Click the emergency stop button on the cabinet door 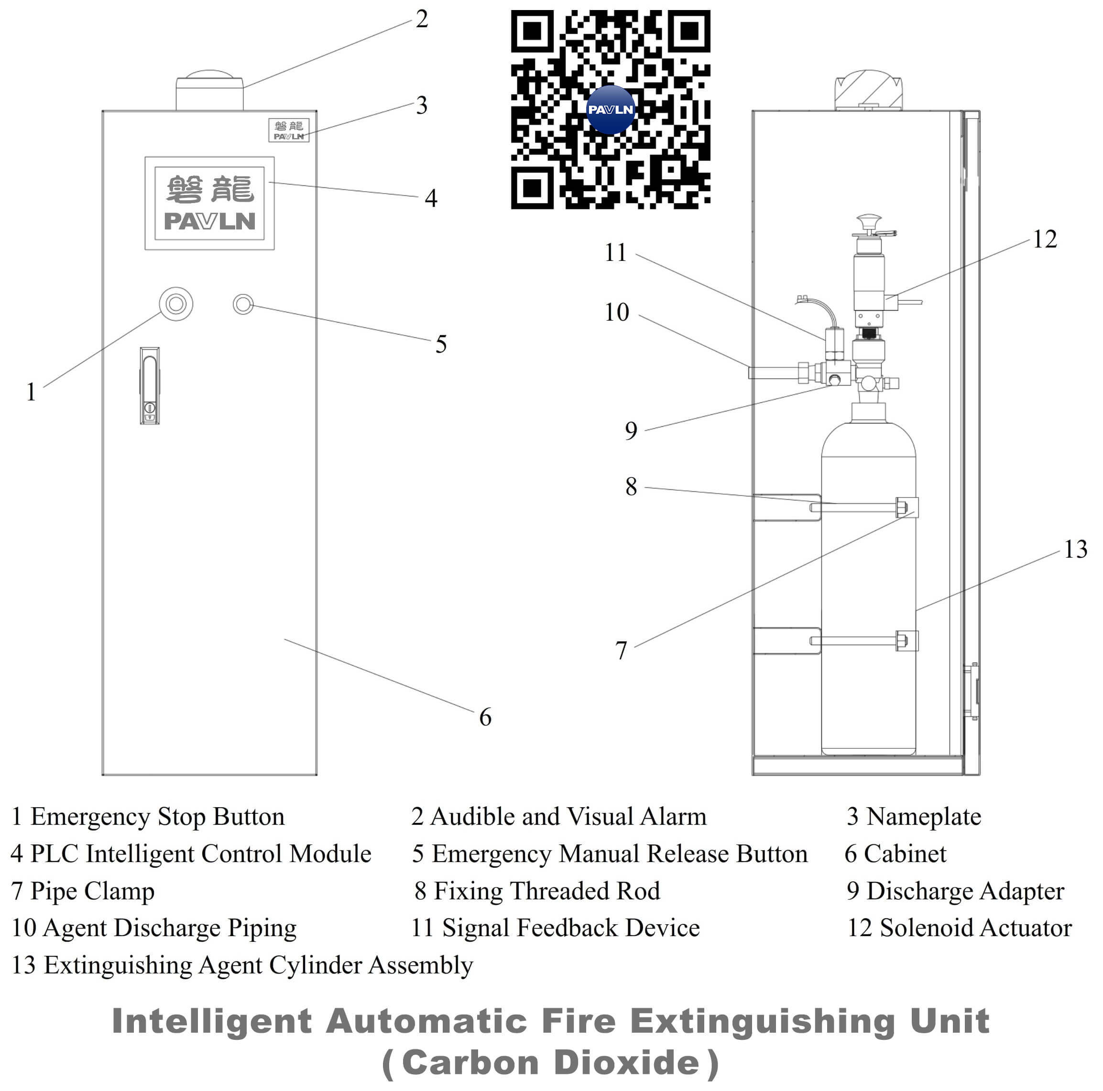[176, 304]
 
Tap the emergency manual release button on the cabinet [243, 304]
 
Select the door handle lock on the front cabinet [150, 386]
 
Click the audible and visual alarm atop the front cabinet [209, 91]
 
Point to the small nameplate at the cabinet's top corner [288, 130]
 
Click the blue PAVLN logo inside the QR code [610, 109]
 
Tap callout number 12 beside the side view [1044, 239]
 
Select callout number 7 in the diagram [621, 650]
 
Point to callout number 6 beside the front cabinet [485, 717]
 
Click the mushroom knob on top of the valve [868, 220]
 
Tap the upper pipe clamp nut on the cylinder [901, 507]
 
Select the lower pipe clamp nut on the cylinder [901, 640]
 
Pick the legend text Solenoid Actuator [975, 928]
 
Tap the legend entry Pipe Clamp [92, 891]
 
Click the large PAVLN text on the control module [209, 221]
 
